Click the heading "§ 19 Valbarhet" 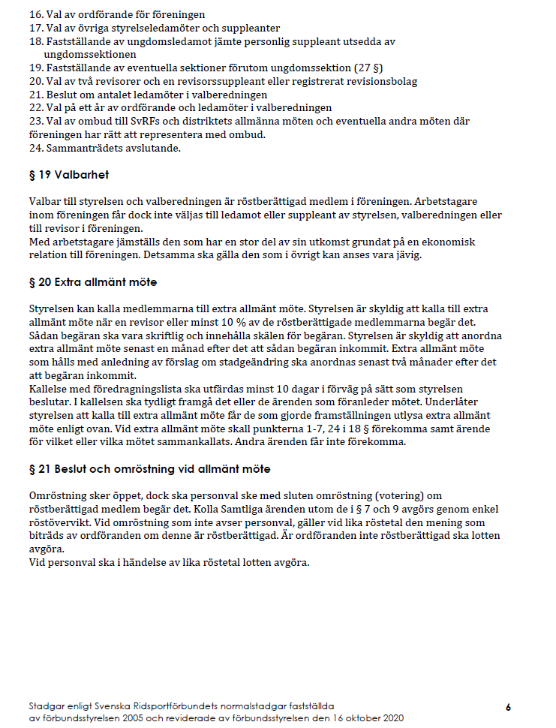[68, 175]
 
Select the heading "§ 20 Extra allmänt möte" [92, 282]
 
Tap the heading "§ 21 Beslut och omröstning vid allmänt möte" [149, 469]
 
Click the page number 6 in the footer [508, 707]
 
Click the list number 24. [35, 148]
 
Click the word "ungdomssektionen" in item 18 [91, 55]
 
